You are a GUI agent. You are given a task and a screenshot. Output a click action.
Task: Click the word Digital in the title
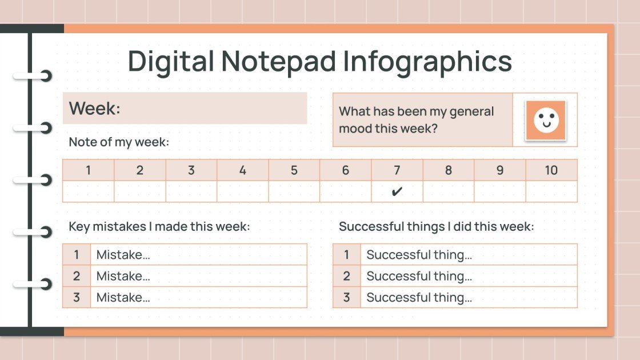click(170, 61)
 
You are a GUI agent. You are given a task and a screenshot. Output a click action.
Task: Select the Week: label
click(95, 108)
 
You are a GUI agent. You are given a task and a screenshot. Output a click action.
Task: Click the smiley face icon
click(546, 120)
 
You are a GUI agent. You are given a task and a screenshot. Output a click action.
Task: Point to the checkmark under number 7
click(397, 191)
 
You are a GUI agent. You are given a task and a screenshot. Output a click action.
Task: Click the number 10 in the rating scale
click(551, 170)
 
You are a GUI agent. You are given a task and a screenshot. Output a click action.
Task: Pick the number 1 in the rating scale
click(88, 170)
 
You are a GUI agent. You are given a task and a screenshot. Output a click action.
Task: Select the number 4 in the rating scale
click(242, 170)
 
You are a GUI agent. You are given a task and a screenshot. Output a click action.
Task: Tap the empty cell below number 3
click(191, 191)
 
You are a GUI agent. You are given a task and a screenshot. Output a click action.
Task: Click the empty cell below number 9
click(499, 191)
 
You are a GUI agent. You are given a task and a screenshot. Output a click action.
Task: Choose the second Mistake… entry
click(123, 276)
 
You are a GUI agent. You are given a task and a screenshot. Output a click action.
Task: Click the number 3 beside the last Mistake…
click(77, 297)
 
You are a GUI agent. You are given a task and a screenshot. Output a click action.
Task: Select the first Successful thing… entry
click(419, 255)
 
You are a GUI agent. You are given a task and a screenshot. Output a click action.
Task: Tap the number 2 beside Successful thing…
click(346, 276)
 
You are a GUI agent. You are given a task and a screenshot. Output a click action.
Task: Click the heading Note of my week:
click(119, 142)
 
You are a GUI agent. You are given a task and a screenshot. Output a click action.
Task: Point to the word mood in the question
click(357, 128)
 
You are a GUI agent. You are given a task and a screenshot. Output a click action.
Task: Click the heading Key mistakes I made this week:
click(159, 226)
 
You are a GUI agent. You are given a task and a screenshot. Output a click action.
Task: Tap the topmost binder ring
click(43, 75)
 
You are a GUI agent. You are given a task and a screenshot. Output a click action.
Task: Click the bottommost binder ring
click(43, 284)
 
